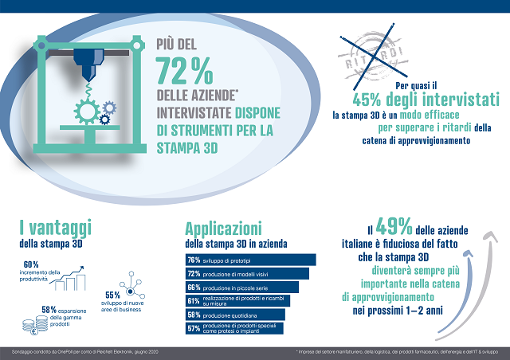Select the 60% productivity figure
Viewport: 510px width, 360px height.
coord(31,264)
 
